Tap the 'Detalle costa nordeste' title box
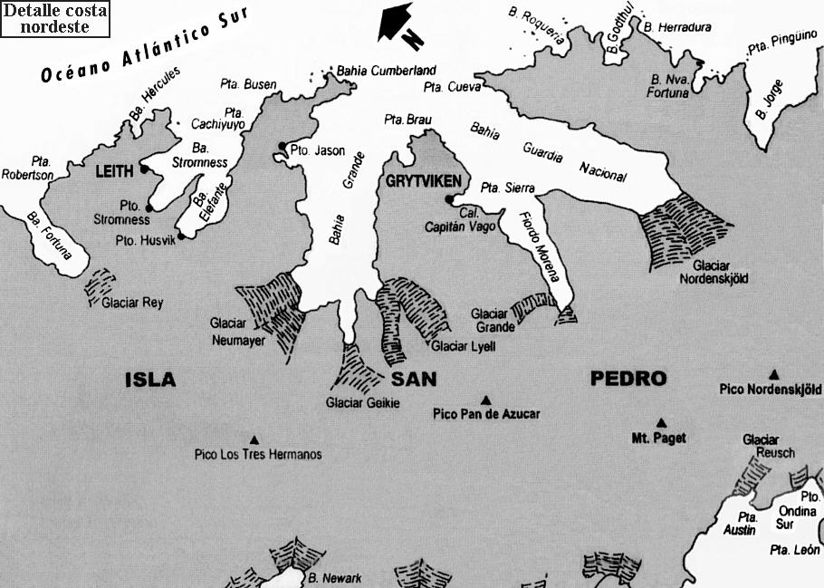55,19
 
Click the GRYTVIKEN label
424,179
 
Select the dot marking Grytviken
449,201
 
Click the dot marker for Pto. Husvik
181,236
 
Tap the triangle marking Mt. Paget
661,422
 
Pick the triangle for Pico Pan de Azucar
485,400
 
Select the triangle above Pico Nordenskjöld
774,375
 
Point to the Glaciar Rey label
132,303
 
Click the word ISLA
149,380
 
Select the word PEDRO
628,379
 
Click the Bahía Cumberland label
386,71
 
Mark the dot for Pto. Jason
283,146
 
